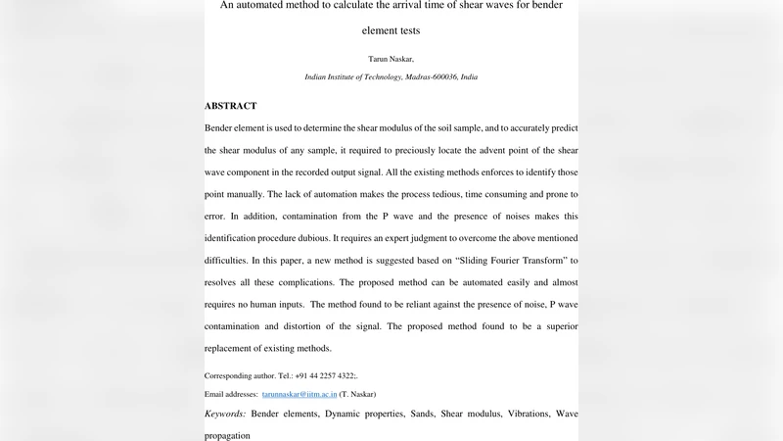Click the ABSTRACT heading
[x=231, y=106]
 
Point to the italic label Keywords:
[x=225, y=414]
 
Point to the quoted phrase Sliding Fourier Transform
[x=500, y=261]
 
